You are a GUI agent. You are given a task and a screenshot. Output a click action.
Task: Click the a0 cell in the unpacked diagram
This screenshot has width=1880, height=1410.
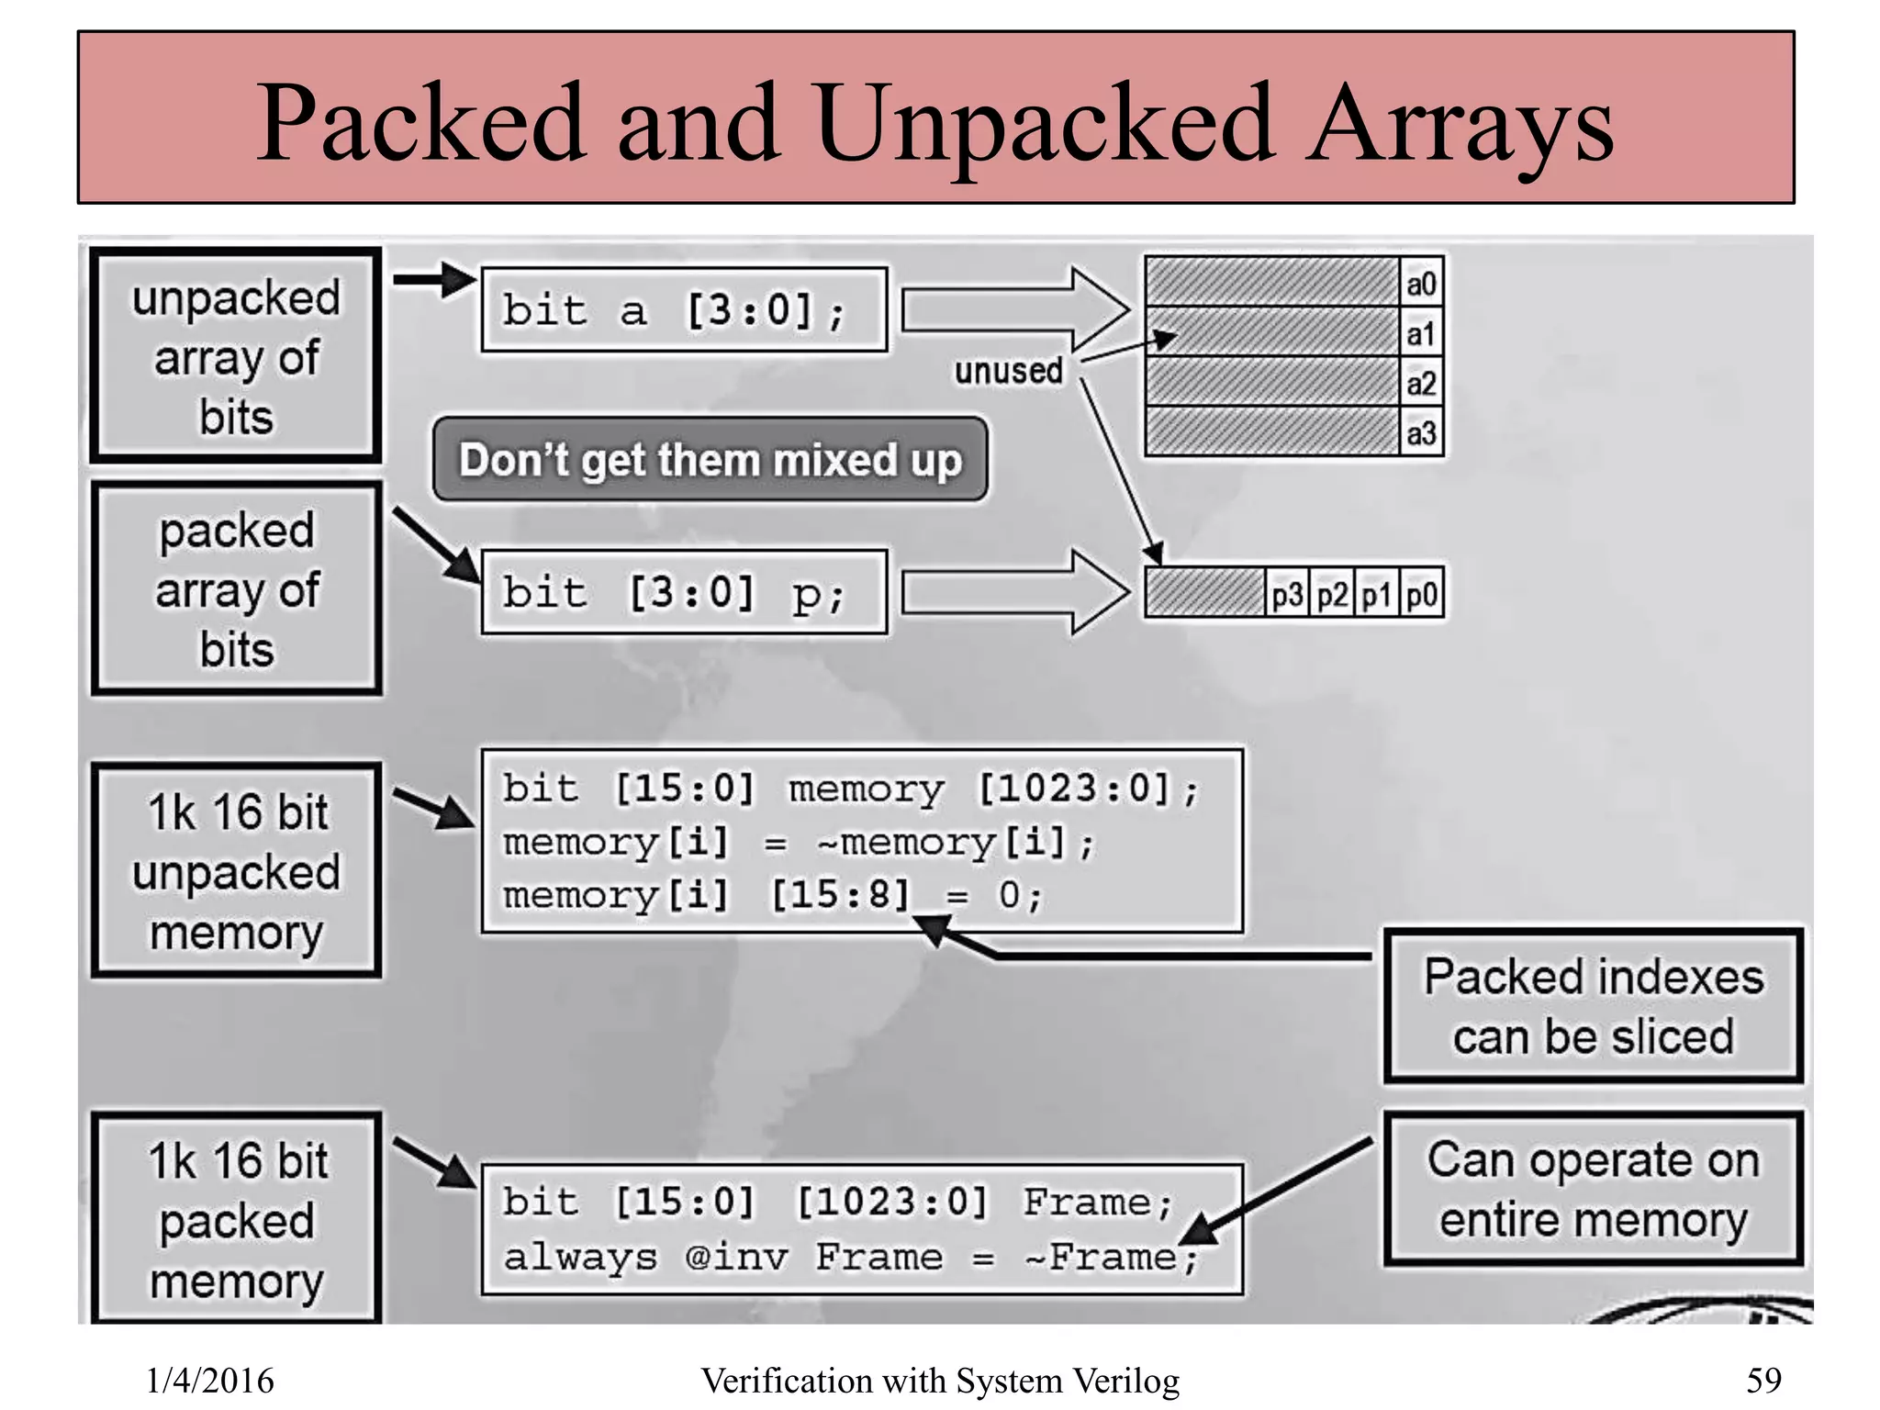click(x=1420, y=283)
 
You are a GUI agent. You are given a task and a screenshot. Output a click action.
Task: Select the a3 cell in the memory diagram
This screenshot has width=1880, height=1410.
click(x=1420, y=432)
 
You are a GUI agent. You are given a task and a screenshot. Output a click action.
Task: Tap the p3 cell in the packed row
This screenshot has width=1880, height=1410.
click(x=1286, y=595)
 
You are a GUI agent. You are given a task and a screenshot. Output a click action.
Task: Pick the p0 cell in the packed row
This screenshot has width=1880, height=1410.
click(x=1421, y=595)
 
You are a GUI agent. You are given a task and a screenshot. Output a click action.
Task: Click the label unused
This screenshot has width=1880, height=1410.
click(x=1008, y=371)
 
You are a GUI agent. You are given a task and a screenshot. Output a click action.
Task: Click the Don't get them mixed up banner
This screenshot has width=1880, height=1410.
click(x=710, y=460)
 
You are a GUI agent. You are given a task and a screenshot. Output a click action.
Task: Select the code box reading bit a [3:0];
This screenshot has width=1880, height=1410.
click(x=684, y=310)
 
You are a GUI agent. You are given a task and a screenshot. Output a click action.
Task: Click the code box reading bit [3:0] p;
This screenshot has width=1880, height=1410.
click(x=684, y=592)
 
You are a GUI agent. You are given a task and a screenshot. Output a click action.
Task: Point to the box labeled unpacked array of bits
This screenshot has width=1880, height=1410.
click(x=236, y=356)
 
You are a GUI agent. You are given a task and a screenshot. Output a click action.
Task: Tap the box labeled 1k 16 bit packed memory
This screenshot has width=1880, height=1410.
click(x=236, y=1219)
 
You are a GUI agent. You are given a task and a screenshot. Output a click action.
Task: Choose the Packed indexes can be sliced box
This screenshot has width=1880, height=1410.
click(x=1593, y=1006)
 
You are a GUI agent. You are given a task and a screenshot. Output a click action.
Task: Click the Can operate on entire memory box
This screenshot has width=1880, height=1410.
click(x=1593, y=1189)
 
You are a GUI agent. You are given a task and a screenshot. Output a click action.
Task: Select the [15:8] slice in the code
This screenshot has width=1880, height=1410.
click(x=840, y=894)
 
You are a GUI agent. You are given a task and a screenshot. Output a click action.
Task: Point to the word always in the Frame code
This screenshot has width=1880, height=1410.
click(x=580, y=1257)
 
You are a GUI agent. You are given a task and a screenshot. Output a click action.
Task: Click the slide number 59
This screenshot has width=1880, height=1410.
click(x=1762, y=1380)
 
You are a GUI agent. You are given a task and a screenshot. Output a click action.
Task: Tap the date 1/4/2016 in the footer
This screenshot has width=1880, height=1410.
click(x=209, y=1380)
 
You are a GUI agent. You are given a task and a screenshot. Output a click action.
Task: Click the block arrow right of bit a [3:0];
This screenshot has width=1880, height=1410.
click(x=1014, y=310)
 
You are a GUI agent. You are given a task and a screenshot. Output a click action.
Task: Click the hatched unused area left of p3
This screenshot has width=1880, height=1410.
click(x=1204, y=593)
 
